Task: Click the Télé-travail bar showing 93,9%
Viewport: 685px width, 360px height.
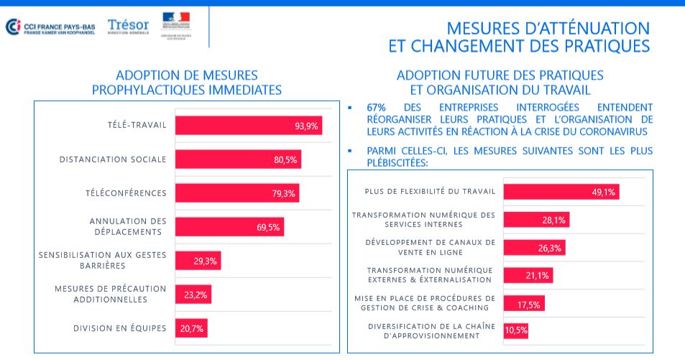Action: click(248, 126)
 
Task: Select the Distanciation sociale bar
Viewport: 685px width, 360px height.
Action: click(238, 160)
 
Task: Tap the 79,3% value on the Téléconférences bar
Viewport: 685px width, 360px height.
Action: click(285, 193)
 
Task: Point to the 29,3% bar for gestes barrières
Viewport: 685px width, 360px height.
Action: click(198, 260)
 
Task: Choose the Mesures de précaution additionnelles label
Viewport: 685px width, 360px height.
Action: click(110, 294)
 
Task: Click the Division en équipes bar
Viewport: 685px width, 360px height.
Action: click(191, 328)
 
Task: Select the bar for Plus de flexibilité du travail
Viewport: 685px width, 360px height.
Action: click(561, 192)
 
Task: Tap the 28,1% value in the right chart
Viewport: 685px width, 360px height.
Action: click(554, 220)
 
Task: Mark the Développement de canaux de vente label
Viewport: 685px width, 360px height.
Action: click(431, 247)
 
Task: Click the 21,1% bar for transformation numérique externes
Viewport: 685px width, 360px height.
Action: click(528, 275)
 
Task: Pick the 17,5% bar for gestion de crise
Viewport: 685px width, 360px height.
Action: click(524, 303)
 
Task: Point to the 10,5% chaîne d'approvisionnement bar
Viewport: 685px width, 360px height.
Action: click(516, 331)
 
